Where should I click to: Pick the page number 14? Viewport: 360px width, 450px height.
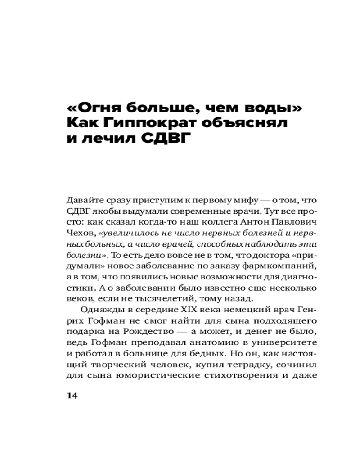pyautogui.click(x=72, y=396)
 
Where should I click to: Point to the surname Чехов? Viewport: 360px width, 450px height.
pyautogui.click(x=77, y=234)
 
